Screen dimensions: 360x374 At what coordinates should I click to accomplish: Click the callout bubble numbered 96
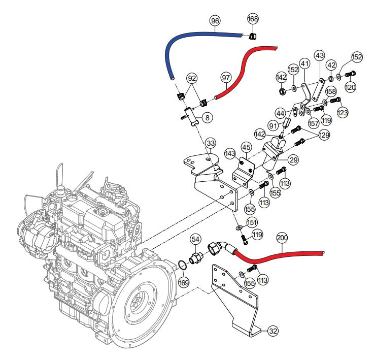(215, 21)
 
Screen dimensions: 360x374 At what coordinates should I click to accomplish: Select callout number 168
(253, 19)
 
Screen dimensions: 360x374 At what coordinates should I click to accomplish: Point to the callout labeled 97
(226, 78)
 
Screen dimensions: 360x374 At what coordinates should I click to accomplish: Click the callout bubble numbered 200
(282, 238)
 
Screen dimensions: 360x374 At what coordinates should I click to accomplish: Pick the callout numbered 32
(273, 331)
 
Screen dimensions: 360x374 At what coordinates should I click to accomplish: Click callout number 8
(208, 118)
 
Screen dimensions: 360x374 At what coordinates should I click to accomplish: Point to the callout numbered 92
(191, 78)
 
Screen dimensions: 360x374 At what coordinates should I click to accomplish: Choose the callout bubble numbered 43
(319, 55)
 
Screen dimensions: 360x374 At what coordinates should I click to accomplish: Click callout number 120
(351, 87)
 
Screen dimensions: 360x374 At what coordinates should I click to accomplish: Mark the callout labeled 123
(343, 112)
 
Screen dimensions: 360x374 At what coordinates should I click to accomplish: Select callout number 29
(293, 160)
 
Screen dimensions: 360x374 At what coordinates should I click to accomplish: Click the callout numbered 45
(246, 147)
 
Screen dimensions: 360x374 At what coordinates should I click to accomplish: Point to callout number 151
(252, 222)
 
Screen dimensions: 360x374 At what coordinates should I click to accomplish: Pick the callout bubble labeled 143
(229, 153)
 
